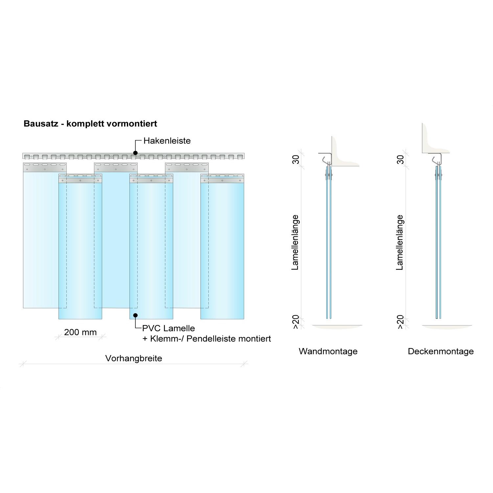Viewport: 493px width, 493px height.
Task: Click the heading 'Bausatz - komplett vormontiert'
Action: [90, 124]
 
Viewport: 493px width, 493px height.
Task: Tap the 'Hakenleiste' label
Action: [167, 141]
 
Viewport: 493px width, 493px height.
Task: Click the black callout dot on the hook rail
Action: [135, 153]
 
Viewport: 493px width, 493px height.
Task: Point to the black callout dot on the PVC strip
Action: [135, 315]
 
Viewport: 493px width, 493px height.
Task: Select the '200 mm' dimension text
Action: [81, 332]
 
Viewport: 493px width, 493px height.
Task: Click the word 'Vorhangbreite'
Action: [133, 358]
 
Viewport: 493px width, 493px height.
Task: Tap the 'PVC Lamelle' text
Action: [169, 328]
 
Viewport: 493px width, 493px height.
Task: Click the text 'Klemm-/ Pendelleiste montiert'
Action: [211, 339]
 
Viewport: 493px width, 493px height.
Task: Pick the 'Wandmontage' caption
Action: [328, 351]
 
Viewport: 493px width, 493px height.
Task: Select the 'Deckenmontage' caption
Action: [441, 351]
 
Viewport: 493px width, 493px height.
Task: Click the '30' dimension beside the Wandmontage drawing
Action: [296, 160]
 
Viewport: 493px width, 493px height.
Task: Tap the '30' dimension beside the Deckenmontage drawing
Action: [400, 160]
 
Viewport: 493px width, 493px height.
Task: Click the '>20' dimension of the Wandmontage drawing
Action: [296, 322]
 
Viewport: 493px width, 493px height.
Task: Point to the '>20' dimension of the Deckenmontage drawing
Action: [400, 322]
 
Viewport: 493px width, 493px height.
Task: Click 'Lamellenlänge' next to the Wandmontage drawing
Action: [295, 243]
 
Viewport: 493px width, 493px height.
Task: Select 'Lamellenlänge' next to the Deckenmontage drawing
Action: [400, 243]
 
